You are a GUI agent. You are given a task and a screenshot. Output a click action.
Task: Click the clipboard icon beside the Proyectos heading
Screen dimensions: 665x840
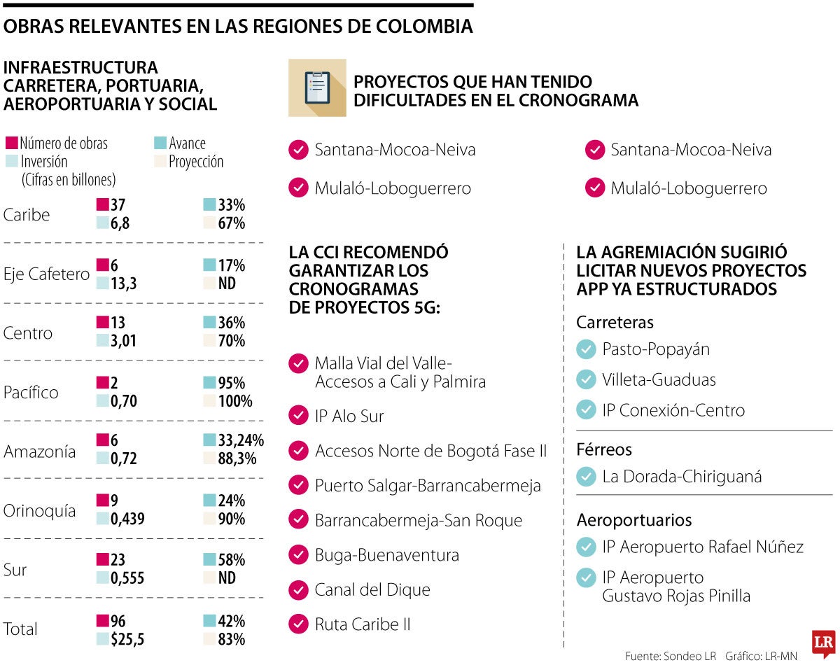point(317,87)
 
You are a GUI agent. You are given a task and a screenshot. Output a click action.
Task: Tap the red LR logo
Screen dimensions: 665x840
point(823,643)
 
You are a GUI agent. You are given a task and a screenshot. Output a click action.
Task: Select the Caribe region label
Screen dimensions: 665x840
point(27,215)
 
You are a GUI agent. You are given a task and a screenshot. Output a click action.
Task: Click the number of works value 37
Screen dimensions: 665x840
point(118,205)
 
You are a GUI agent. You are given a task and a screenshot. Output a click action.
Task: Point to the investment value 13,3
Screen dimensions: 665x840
point(123,283)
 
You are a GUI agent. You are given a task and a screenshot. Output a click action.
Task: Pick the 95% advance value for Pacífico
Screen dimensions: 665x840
point(232,383)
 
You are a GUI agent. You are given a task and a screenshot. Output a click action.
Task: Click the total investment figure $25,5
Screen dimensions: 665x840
point(127,638)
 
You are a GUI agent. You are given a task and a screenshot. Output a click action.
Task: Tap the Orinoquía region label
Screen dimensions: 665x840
point(39,511)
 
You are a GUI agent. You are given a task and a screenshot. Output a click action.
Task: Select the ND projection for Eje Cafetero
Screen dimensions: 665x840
point(227,283)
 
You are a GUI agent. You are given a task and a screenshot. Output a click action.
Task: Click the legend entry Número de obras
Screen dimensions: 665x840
point(63,143)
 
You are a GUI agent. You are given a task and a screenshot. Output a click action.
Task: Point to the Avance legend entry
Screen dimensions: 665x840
point(187,143)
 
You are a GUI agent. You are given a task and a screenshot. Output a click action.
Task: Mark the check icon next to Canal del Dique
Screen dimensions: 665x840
point(298,589)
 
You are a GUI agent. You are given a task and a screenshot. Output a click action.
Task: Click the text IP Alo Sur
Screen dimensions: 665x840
point(349,416)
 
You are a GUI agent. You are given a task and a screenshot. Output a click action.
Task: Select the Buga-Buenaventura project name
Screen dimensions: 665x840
point(386,555)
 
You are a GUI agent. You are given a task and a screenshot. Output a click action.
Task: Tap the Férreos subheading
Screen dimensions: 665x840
point(604,449)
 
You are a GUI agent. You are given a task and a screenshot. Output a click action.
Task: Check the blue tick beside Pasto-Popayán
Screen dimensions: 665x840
point(586,349)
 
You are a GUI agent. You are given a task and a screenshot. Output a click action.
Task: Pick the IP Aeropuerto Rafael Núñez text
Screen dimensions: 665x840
point(702,546)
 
